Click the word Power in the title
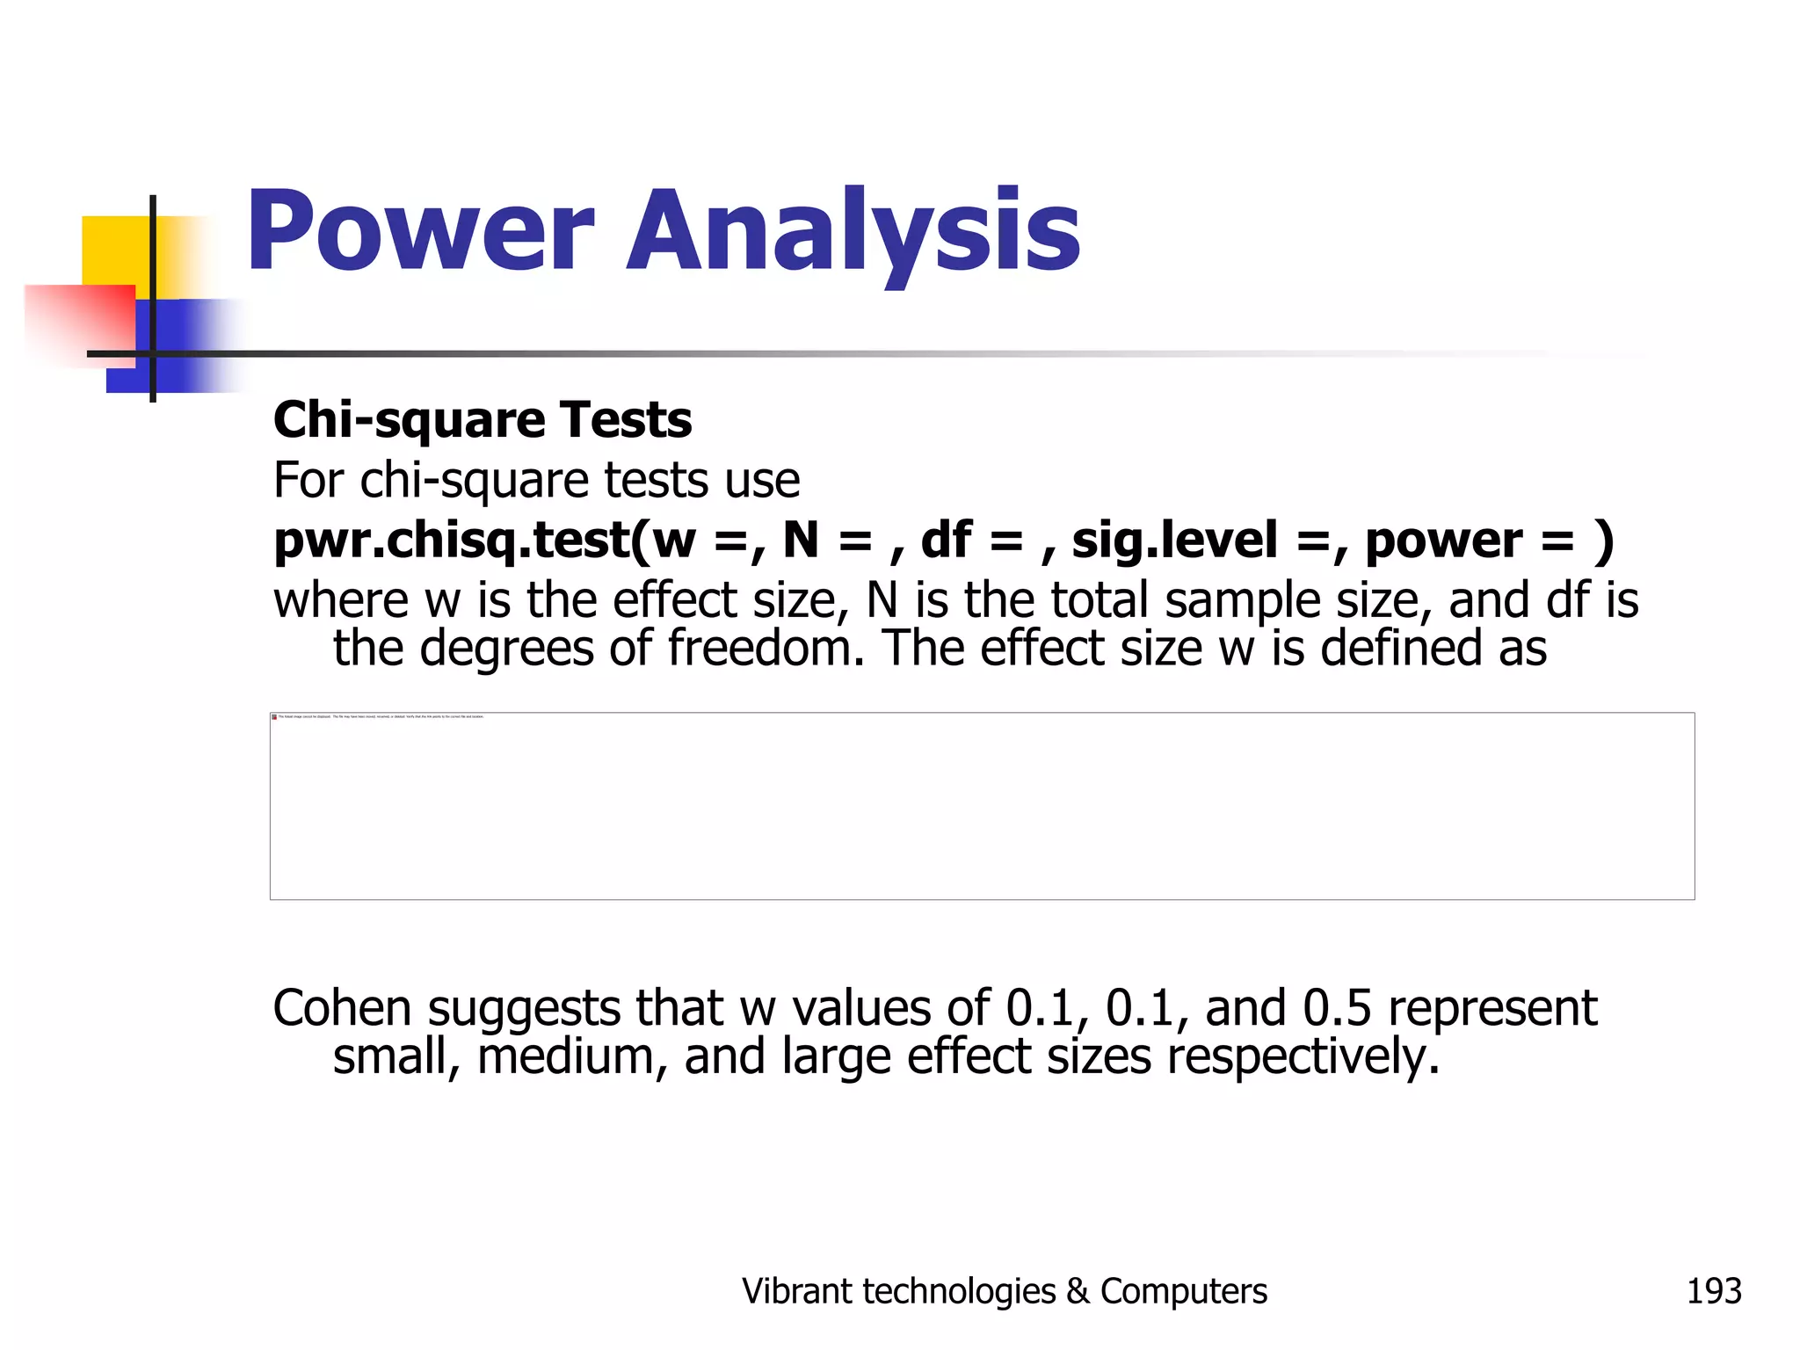pos(420,232)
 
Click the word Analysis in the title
pos(853,232)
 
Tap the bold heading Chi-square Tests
pos(483,419)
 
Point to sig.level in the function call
pos(1174,540)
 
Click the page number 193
pos(1713,1291)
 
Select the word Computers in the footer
pos(1183,1291)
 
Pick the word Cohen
pos(342,1007)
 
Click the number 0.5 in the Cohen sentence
pos(1337,1007)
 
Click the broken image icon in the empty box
pos(274,717)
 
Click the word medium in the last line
pos(572,1056)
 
